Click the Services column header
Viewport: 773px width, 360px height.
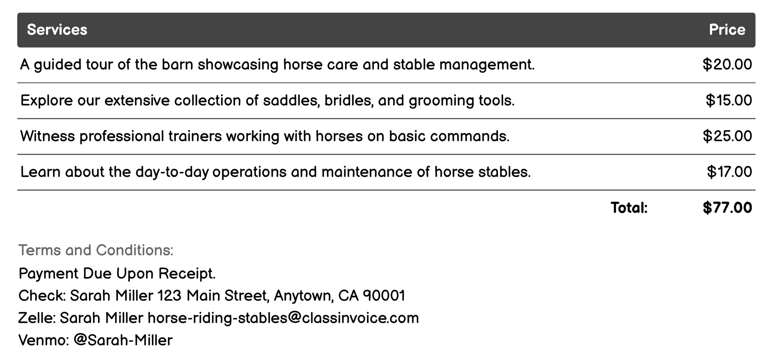(x=57, y=30)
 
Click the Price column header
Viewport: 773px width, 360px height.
(x=727, y=30)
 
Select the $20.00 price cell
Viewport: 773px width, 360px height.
(x=727, y=65)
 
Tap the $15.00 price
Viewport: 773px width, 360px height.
(x=728, y=101)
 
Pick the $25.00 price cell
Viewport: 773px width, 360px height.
(x=727, y=136)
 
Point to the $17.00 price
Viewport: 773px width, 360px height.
(x=729, y=172)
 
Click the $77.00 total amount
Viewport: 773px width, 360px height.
(x=727, y=208)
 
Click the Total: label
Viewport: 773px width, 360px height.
(x=629, y=208)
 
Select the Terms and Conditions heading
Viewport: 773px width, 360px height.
(x=96, y=250)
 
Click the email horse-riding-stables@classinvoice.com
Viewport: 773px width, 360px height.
(x=283, y=318)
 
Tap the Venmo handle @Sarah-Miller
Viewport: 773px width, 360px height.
(x=123, y=341)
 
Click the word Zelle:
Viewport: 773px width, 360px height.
(x=37, y=318)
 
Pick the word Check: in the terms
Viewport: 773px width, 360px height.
(x=42, y=296)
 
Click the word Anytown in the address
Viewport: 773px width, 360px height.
(x=303, y=296)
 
